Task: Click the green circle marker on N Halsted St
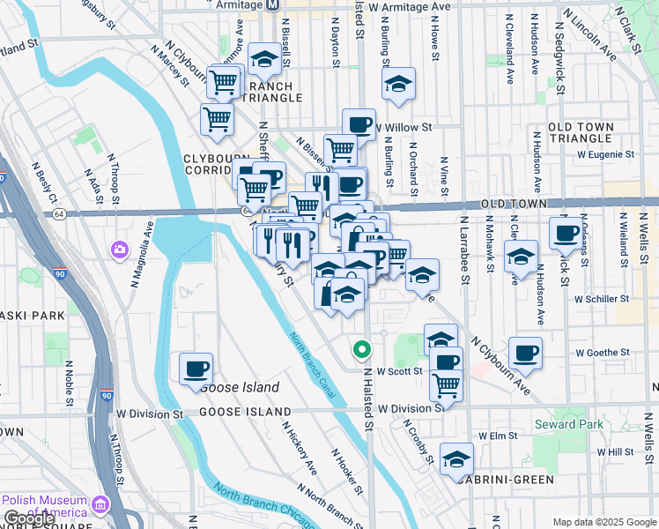[x=361, y=350]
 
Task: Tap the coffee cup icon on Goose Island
[x=196, y=369]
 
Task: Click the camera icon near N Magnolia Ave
[x=119, y=250]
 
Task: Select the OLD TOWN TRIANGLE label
[x=580, y=133]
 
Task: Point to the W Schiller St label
[x=602, y=299]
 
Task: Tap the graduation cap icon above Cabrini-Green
[x=456, y=458]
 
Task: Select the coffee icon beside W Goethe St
[x=526, y=353]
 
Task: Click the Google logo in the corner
[x=29, y=518]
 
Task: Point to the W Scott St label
[x=395, y=372]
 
